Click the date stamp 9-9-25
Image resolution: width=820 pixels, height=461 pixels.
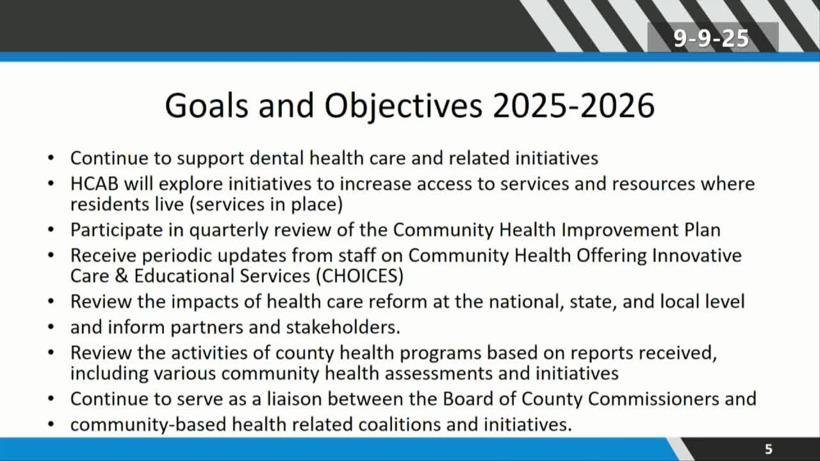(x=711, y=38)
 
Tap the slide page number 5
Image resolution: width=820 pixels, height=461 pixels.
(x=768, y=449)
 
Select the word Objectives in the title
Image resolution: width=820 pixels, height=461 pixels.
(x=404, y=106)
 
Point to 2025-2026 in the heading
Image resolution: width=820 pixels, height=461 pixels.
(x=573, y=106)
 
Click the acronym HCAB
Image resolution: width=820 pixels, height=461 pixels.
(x=94, y=184)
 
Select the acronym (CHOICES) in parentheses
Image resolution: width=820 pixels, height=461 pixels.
(x=359, y=276)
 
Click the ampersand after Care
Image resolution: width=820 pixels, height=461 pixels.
(x=121, y=276)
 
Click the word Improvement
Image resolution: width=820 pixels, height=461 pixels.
(x=619, y=230)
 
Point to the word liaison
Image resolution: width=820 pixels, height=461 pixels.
(x=294, y=399)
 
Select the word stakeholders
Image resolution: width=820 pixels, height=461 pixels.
(x=343, y=327)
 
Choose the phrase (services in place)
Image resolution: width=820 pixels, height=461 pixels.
(x=266, y=204)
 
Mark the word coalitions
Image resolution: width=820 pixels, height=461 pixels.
(x=399, y=425)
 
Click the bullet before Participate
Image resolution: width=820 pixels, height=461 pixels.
(x=51, y=230)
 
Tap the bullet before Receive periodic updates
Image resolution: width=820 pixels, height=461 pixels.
(x=51, y=255)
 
